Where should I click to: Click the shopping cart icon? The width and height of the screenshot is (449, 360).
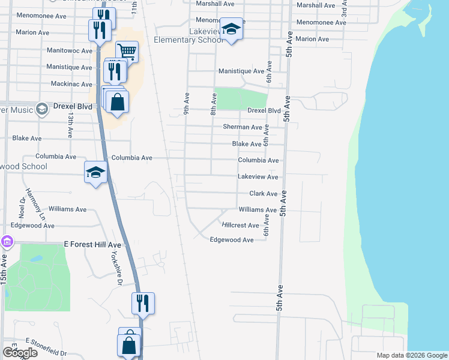[127, 51]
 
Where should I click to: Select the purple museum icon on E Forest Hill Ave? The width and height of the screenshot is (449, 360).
[7, 242]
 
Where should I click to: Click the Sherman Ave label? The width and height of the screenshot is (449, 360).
[243, 127]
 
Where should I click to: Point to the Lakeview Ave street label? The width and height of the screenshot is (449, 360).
[258, 177]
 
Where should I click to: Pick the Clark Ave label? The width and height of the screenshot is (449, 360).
[263, 194]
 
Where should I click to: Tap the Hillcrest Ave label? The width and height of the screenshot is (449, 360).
[240, 226]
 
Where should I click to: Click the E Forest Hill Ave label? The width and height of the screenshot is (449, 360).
[92, 245]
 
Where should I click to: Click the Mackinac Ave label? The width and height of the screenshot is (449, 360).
[71, 84]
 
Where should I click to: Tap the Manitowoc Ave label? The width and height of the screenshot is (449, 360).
[71, 51]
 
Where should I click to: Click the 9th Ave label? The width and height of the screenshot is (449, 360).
[187, 103]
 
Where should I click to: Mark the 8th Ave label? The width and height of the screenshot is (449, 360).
[213, 103]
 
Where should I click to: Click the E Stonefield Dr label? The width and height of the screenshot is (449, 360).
[46, 340]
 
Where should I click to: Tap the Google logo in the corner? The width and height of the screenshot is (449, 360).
[20, 353]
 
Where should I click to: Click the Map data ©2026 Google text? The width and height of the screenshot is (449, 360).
[412, 355]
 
